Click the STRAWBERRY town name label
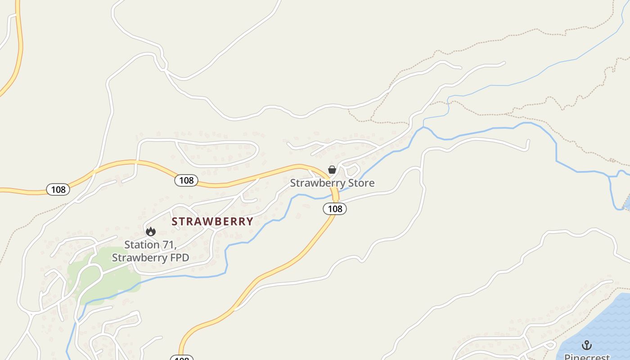click(x=212, y=221)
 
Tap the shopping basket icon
click(x=332, y=170)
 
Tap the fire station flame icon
click(x=151, y=231)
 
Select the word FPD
click(x=179, y=258)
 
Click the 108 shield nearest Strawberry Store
click(x=335, y=208)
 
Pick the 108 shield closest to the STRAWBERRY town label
click(x=186, y=180)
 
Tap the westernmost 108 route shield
click(x=58, y=189)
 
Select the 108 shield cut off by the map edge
click(x=181, y=358)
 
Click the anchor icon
click(x=586, y=345)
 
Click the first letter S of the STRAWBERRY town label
click(x=175, y=221)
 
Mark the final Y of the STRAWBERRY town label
click(x=250, y=221)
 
